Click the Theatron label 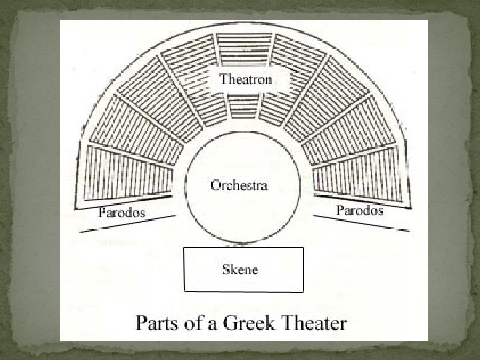(x=246, y=79)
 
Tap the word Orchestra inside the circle (x=239, y=185)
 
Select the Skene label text (x=239, y=269)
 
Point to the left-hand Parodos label (x=122, y=213)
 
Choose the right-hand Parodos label (x=359, y=210)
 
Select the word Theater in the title (x=313, y=325)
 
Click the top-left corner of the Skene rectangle (x=184, y=248)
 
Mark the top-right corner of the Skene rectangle (x=303, y=248)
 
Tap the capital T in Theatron (x=225, y=79)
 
